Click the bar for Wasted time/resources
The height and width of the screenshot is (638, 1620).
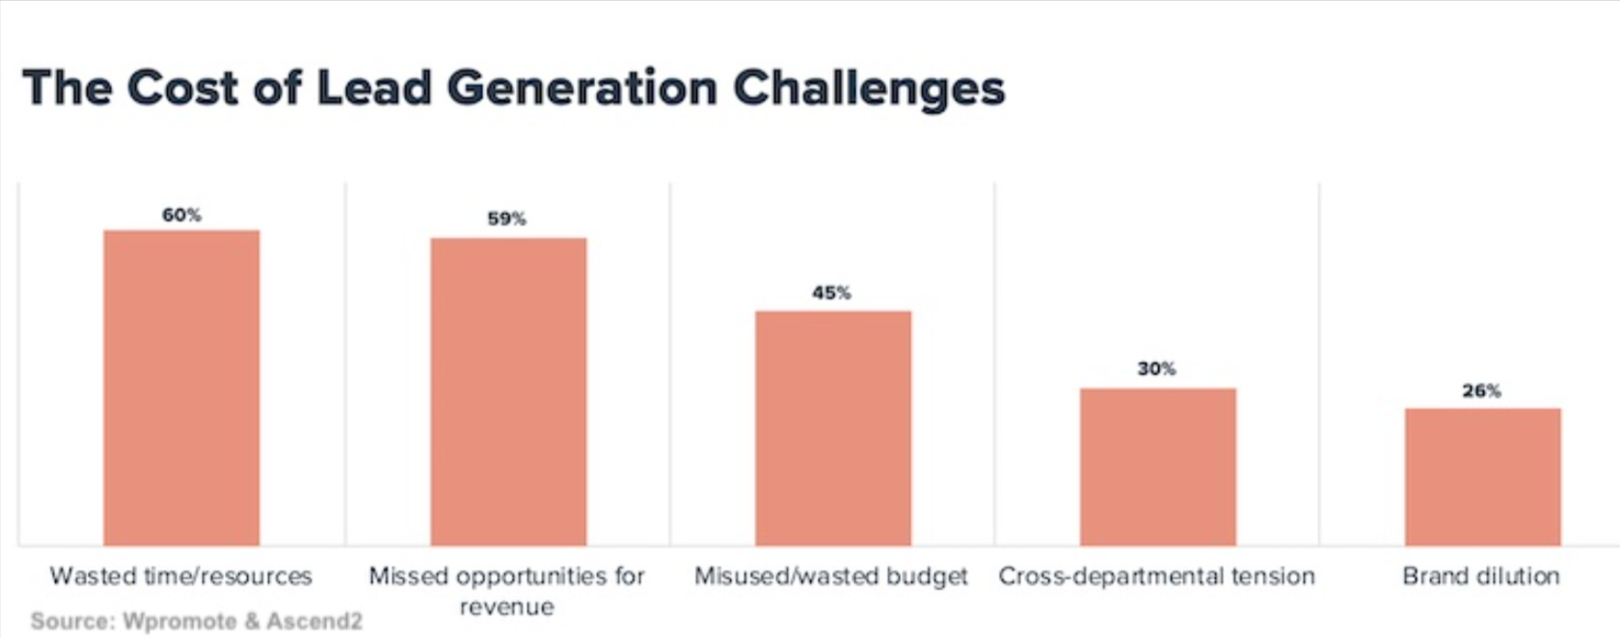point(181,387)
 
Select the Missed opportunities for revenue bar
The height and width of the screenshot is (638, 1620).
point(508,391)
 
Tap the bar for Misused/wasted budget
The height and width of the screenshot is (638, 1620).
point(833,428)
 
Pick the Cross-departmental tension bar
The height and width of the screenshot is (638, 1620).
point(1157,466)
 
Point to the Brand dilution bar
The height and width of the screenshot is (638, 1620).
point(1482,477)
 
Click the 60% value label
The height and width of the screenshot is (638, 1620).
point(181,215)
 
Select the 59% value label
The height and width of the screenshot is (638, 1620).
point(506,219)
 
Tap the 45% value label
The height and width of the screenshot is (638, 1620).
point(831,293)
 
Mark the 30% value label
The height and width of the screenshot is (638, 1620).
point(1156,369)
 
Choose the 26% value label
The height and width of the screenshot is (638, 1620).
point(1481,391)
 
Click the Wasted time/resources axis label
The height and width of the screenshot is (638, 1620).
point(181,576)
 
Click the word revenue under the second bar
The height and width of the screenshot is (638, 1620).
point(506,607)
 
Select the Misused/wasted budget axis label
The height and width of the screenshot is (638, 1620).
point(830,576)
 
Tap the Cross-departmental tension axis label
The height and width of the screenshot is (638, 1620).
point(1156,576)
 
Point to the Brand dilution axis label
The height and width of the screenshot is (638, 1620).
point(1480,576)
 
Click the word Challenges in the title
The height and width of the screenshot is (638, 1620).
point(868,89)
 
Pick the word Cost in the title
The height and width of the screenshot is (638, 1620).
point(182,89)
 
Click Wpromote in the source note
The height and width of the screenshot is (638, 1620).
point(179,622)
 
